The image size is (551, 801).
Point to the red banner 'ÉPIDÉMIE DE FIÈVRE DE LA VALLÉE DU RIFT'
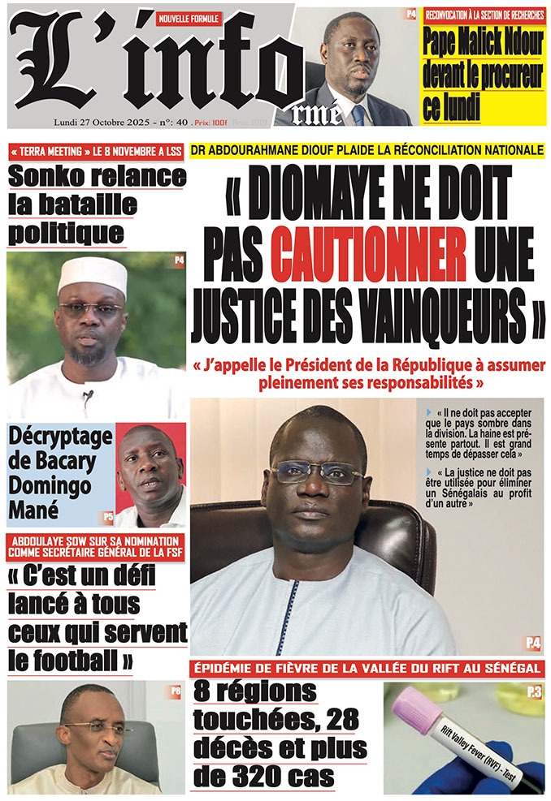(367, 668)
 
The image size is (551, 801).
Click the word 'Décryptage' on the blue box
(61, 436)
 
